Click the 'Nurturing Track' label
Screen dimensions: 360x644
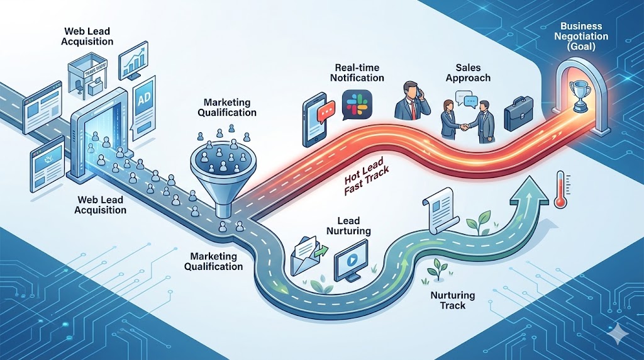pyautogui.click(x=453, y=300)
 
